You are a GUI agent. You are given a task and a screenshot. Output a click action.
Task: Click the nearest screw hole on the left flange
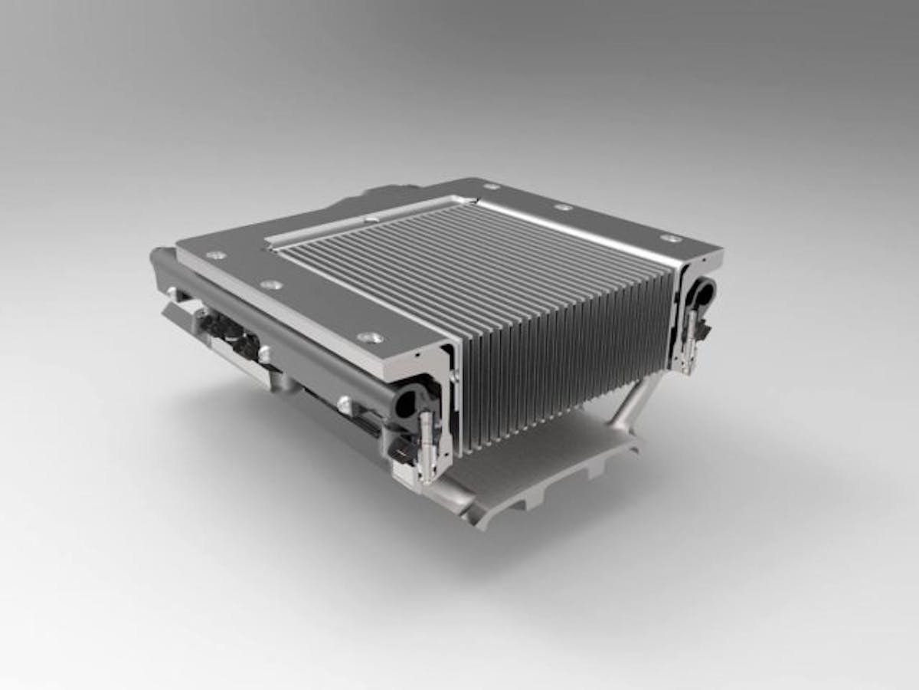point(370,337)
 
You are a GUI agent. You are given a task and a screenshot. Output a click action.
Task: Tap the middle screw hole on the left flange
point(270,285)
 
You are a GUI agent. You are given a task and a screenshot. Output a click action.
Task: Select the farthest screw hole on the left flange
point(215,255)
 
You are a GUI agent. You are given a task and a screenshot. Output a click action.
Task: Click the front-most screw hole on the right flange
point(671,238)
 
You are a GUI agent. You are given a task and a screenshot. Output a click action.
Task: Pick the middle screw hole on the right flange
point(563,207)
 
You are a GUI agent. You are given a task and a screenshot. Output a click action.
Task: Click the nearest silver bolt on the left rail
point(345,401)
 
